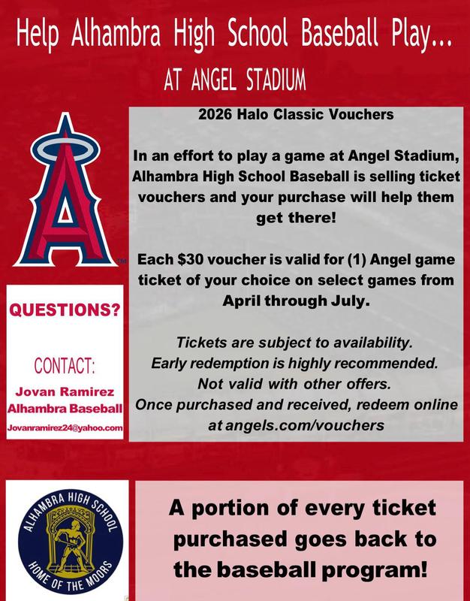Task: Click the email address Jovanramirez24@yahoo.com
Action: pos(65,427)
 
